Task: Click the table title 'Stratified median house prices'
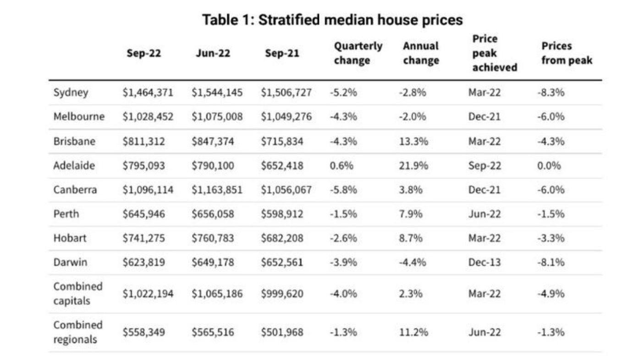point(332,20)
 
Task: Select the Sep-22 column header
point(144,53)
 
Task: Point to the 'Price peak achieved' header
point(494,53)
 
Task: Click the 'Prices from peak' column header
point(567,53)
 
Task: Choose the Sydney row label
point(71,92)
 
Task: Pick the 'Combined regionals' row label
point(78,332)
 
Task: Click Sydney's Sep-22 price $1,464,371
point(148,92)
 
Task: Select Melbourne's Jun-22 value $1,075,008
point(217,116)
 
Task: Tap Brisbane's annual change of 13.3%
point(413,141)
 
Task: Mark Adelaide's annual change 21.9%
point(413,166)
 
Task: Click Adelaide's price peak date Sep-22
point(485,166)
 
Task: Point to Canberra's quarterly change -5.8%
point(343,190)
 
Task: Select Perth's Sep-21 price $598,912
point(282,214)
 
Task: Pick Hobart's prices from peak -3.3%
point(551,238)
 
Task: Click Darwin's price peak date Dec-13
point(484,263)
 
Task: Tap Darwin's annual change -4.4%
point(412,263)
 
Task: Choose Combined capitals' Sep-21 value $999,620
point(282,294)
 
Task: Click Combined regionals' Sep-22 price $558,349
point(143,332)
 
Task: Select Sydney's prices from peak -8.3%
point(551,92)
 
